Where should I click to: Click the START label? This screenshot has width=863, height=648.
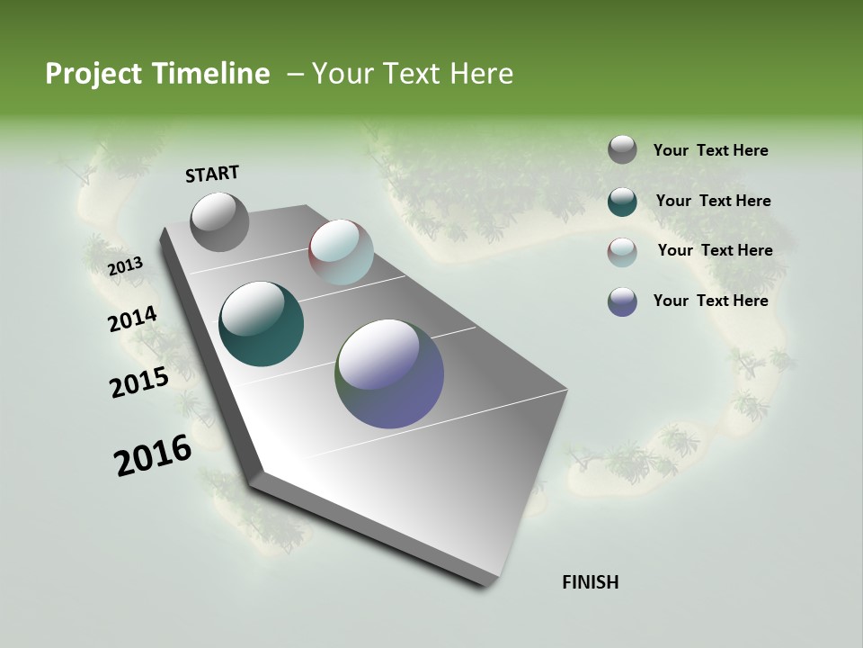[212, 174]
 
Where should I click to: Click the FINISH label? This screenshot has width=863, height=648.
[591, 582]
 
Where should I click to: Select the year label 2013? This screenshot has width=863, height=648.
[126, 266]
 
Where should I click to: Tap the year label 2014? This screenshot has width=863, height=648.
[133, 319]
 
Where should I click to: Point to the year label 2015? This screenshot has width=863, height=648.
[139, 382]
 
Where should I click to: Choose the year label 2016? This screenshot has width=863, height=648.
[153, 454]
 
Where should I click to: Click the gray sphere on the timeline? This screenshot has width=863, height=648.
[220, 222]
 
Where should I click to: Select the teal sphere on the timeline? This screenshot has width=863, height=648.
[262, 324]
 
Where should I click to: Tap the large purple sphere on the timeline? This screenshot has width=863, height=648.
[389, 373]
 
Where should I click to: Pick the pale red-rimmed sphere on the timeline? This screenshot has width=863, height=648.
[341, 252]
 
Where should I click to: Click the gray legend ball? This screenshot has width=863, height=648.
[622, 149]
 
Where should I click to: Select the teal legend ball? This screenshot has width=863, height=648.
[622, 202]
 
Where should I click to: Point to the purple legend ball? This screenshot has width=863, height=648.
[622, 301]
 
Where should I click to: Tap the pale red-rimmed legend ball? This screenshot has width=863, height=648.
[622, 252]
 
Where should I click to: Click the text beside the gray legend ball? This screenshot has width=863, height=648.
[710, 151]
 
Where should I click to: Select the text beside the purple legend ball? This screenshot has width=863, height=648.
[710, 301]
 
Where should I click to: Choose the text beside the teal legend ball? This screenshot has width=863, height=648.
[713, 201]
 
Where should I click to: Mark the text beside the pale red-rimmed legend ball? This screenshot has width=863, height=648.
[715, 250]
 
